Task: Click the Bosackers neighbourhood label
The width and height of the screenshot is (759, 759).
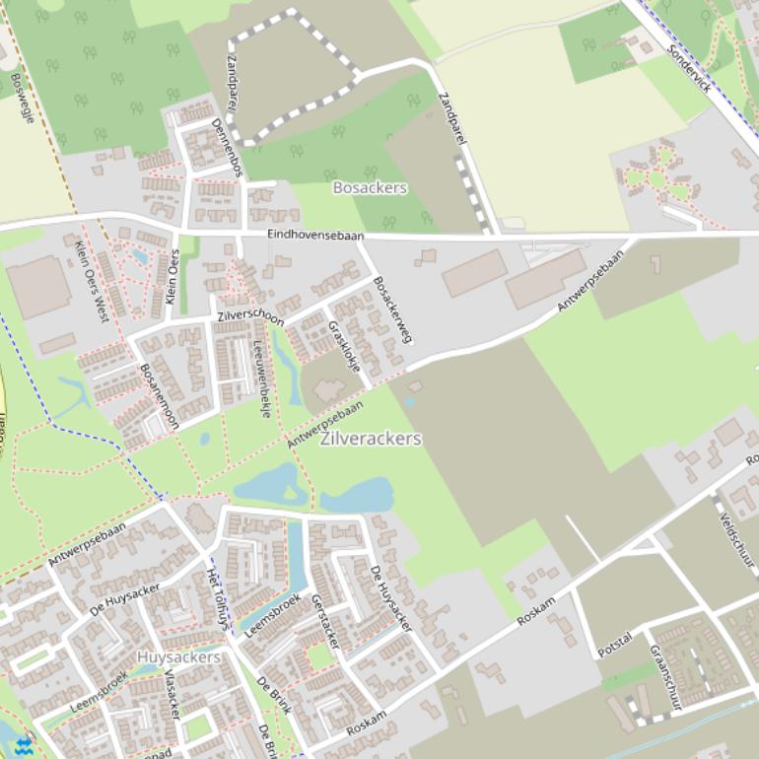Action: [x=370, y=187]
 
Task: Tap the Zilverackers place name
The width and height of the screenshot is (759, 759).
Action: [x=372, y=439]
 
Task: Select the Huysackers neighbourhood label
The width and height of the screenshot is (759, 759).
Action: [x=178, y=656]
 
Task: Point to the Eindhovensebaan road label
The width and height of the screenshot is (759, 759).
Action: [x=315, y=236]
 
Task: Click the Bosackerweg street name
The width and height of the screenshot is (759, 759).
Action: [x=392, y=310]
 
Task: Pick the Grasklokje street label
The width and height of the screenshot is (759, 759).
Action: [x=345, y=345]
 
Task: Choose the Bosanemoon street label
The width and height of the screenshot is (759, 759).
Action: [x=160, y=394]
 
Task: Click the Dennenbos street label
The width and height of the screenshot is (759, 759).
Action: [x=227, y=148]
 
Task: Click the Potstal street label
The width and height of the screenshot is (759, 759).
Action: [x=614, y=646]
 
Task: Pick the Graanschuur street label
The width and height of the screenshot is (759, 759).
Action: [x=665, y=677]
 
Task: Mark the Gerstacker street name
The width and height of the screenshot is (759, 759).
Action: [x=325, y=622]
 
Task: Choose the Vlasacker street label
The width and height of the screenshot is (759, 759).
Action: [x=172, y=693]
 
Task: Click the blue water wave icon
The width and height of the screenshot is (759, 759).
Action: [x=23, y=743]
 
